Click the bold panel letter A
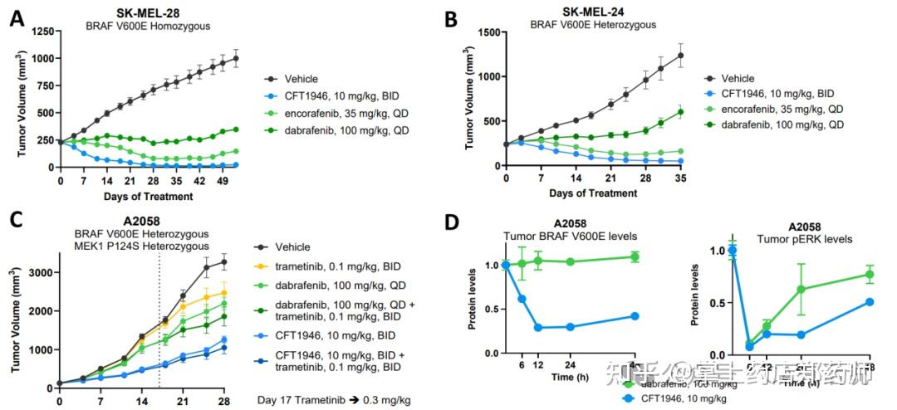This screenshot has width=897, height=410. click(16, 17)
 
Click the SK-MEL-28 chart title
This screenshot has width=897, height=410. click(147, 12)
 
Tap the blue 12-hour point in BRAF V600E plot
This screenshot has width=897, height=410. click(539, 327)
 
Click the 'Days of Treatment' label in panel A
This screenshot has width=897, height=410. click(149, 197)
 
